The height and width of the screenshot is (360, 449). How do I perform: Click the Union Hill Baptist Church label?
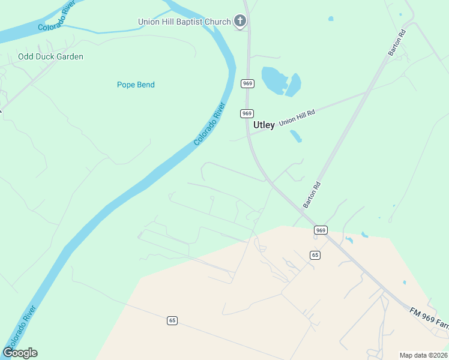tap(184, 22)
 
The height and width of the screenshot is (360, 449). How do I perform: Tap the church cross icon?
tap(240, 22)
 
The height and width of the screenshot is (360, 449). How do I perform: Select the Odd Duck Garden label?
tap(50, 56)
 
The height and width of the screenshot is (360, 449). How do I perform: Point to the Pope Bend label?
tap(136, 85)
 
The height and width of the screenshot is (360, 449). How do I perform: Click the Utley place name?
tap(264, 125)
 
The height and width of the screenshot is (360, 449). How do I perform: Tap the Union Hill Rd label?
tap(297, 116)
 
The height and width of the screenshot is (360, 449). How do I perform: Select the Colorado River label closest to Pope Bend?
tap(209, 124)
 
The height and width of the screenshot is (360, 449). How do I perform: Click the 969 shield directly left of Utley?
tap(247, 113)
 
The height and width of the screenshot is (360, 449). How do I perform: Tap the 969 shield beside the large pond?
tap(247, 83)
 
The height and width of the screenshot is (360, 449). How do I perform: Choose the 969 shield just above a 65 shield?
tap(321, 230)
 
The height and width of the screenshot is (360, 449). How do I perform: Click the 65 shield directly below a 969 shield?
tap(315, 255)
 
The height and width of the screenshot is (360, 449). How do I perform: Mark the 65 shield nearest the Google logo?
tap(172, 320)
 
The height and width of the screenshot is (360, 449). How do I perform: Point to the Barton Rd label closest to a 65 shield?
tap(313, 195)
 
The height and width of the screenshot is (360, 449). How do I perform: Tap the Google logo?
tap(20, 352)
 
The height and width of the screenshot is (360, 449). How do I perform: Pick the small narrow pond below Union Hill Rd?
tap(296, 136)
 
